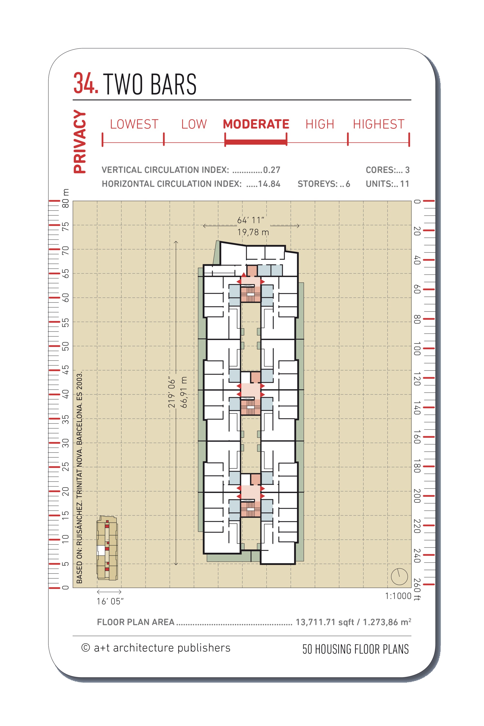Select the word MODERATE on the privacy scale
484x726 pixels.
[x=256, y=124]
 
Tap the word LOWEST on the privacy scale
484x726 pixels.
[x=134, y=124]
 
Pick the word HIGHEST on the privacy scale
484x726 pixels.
[x=378, y=124]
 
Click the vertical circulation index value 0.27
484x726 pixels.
[x=272, y=170]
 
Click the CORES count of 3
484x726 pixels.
[x=407, y=170]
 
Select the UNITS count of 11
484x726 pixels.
[x=404, y=184]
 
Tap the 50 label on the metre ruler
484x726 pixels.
[x=65, y=346]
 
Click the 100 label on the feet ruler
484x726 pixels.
[x=417, y=348]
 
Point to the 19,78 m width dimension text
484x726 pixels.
[x=253, y=232]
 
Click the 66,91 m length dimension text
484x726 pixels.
[x=184, y=392]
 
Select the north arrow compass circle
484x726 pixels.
[x=399, y=576]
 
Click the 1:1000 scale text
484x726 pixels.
[x=398, y=596]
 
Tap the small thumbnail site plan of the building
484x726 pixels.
[x=107, y=548]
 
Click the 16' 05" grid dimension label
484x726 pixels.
[x=110, y=601]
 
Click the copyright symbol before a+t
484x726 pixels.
[x=85, y=648]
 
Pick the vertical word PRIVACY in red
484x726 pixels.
[x=80, y=141]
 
